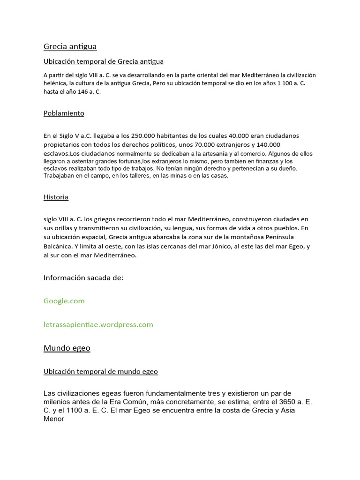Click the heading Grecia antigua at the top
(70, 46)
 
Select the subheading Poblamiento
(64, 113)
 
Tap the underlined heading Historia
(56, 197)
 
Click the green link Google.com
(64, 301)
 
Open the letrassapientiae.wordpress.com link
(98, 324)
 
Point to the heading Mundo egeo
(67, 348)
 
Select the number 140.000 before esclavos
(268, 145)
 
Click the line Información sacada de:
(83, 277)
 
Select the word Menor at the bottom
(53, 419)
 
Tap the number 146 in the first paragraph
(80, 92)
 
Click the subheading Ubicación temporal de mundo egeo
(100, 371)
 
